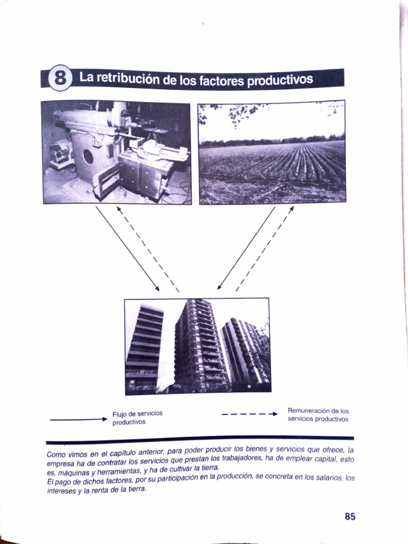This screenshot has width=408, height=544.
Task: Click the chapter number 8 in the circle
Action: [60, 78]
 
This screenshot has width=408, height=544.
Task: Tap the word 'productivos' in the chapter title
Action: [279, 80]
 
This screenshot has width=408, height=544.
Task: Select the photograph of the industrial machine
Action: [116, 152]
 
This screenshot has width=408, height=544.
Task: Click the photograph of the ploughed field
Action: [272, 152]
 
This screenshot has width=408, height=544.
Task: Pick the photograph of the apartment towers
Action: [198, 346]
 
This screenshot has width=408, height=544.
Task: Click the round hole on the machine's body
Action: [88, 157]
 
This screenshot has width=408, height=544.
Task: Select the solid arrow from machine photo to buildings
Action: [127, 249]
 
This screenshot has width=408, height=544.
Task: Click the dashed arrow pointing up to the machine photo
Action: [148, 249]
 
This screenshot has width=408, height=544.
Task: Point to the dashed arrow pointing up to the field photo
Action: [265, 249]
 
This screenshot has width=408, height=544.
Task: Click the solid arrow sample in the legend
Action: [79, 420]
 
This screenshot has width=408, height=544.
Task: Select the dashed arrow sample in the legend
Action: [250, 414]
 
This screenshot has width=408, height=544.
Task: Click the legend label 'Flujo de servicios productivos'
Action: [138, 418]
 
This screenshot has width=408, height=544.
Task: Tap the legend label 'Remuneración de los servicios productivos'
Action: [318, 415]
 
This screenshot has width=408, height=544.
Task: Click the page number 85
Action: [350, 516]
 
